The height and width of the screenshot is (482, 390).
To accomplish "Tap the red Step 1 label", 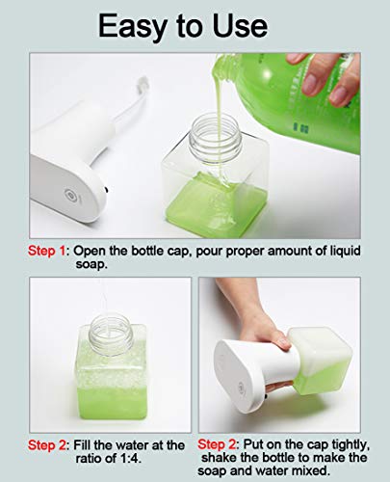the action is coord(47,251).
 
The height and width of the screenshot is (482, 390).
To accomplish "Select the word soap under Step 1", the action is coord(91,264).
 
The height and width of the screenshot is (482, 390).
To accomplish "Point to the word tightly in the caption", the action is coord(350,445).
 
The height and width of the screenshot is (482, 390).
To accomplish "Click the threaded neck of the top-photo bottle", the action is coord(215,135).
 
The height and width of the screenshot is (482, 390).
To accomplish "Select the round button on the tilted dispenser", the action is coord(241,388).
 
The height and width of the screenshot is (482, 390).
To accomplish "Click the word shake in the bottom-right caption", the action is coord(220,457).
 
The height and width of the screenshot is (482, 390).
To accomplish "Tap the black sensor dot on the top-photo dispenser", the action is coord(106,190).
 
